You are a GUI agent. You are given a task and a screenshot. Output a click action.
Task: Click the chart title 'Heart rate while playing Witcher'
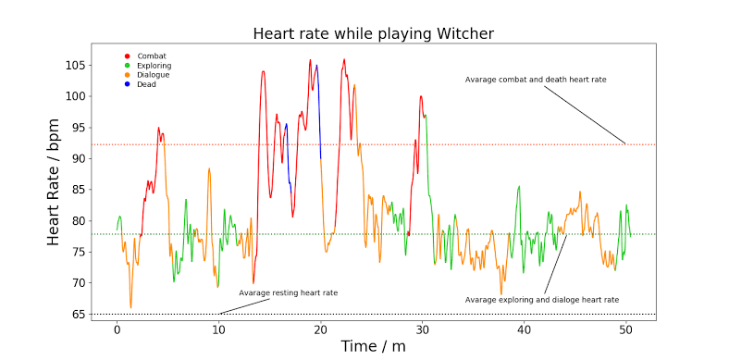374,34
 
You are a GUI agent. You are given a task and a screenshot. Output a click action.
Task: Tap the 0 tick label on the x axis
117,329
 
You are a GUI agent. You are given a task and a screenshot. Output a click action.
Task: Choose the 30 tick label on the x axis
422,329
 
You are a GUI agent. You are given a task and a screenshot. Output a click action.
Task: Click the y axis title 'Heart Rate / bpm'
55,181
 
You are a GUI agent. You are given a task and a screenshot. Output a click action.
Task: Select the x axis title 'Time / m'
373,346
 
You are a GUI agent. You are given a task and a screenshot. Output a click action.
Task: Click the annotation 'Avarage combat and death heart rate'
536,80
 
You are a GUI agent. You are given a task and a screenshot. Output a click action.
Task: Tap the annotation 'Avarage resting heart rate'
288,292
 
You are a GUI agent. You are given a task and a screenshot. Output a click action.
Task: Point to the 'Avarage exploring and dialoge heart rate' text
541,300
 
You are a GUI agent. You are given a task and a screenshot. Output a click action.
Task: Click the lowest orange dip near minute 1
130,306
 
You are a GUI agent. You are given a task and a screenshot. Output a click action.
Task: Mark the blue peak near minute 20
316,66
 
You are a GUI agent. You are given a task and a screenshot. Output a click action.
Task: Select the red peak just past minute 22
344,60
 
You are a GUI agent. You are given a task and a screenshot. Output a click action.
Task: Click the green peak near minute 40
519,186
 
